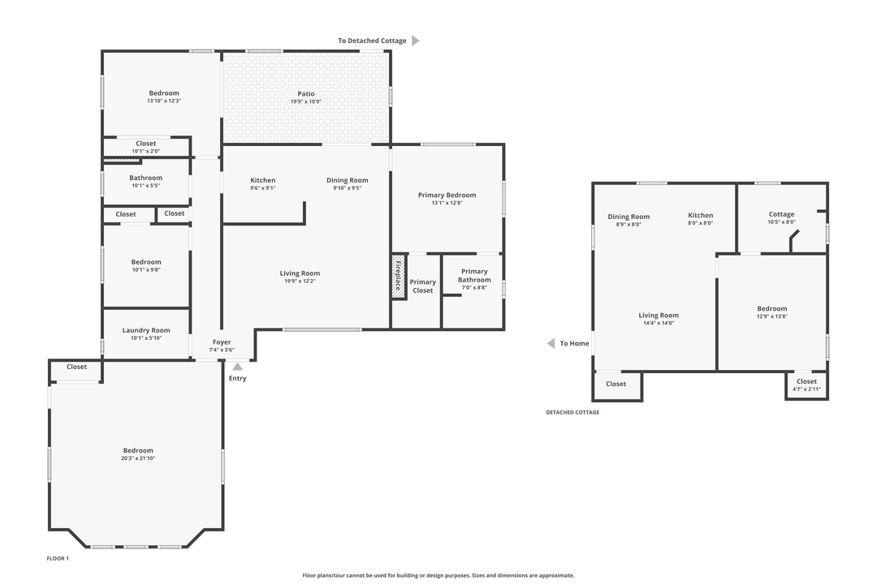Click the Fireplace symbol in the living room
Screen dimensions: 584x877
(x=399, y=277)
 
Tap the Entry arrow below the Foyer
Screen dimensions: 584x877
(x=237, y=367)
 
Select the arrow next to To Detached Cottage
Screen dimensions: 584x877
(x=416, y=41)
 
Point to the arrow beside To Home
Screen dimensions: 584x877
(x=551, y=343)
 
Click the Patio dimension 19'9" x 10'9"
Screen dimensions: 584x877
(x=305, y=101)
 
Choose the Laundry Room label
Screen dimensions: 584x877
(x=146, y=330)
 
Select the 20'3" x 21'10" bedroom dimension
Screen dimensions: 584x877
(x=138, y=458)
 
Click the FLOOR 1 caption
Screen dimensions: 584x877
(x=58, y=559)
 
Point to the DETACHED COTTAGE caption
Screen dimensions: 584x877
(x=572, y=412)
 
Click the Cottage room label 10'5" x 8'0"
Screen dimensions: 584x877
(x=781, y=214)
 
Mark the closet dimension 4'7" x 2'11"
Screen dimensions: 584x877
(x=806, y=389)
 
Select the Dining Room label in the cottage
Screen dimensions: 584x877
(x=629, y=217)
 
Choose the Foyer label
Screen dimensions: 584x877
(x=222, y=342)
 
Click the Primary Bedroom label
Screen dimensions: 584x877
(x=447, y=195)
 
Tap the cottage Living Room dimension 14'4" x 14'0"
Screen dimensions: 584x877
(x=658, y=323)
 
